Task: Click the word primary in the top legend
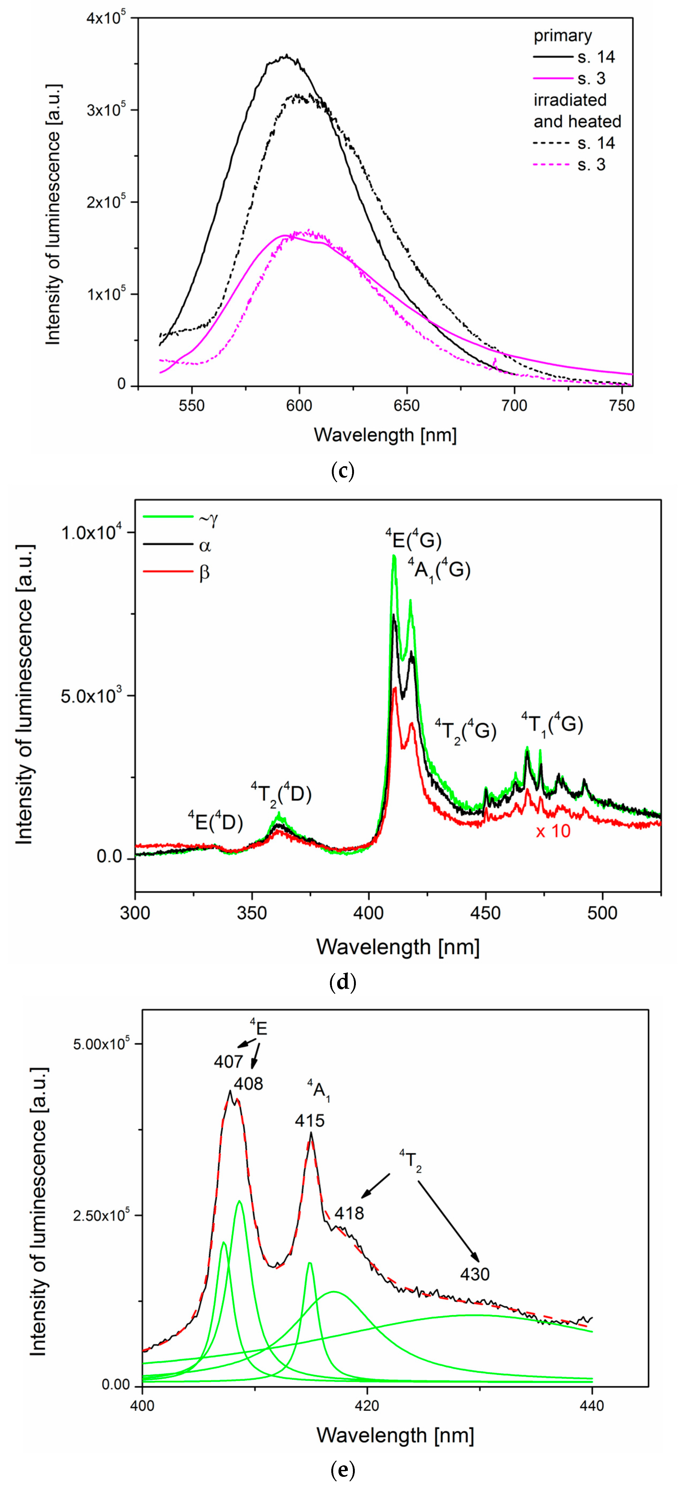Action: tap(562, 36)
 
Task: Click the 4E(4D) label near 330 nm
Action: tap(215, 821)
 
